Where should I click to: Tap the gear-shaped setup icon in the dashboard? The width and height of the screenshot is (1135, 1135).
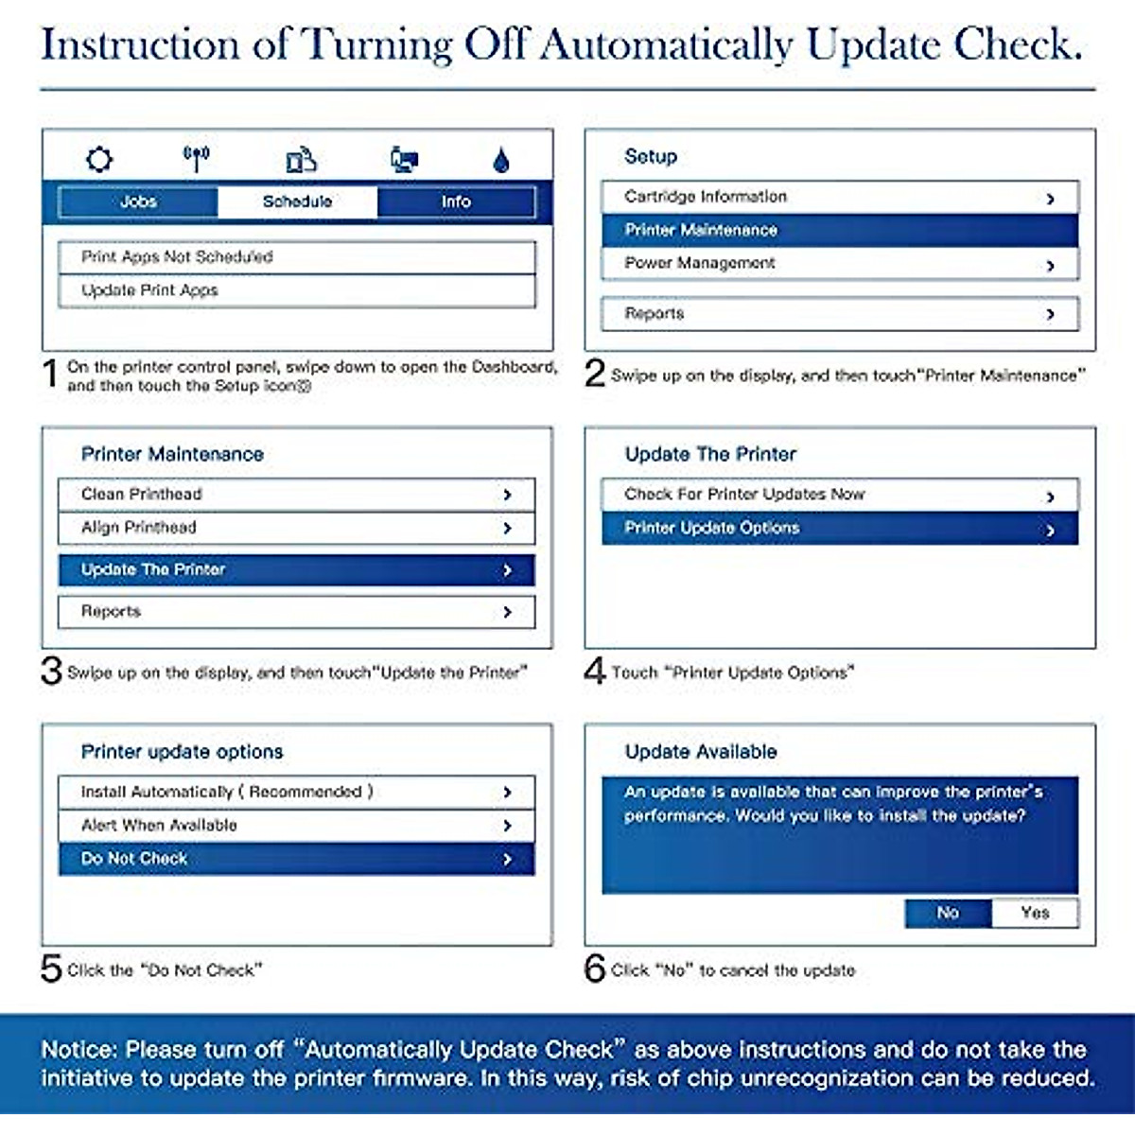coord(99,159)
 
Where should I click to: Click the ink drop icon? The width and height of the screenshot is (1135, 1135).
coord(501,160)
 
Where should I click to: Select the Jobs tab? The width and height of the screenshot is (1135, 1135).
coord(138,201)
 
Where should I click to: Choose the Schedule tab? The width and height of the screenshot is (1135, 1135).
coord(297,201)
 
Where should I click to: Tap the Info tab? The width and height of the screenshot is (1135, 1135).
coord(456,201)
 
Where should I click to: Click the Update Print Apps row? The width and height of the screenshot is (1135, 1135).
coord(296,290)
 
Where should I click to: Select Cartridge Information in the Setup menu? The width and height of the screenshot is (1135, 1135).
coord(839,197)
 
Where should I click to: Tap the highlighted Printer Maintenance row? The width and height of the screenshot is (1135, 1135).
coord(839,230)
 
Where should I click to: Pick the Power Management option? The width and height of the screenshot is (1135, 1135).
coord(839,263)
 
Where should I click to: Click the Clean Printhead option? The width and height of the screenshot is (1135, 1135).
coord(296,494)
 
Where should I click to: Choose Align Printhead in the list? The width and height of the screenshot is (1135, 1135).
coord(296,528)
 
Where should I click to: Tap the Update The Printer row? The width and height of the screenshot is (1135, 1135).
coord(296,569)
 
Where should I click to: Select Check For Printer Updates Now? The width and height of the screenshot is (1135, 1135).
coord(839,494)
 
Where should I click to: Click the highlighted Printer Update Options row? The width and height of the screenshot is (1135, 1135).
coord(839,528)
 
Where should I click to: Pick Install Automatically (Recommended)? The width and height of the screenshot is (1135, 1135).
coord(296,792)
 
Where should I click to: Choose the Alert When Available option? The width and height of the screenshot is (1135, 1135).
coord(296,825)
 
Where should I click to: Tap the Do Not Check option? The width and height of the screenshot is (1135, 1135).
coord(296,859)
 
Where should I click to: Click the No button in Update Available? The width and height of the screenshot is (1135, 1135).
coord(948,913)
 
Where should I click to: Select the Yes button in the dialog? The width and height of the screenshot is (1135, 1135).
coord(1035,913)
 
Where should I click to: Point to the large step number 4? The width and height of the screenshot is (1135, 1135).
coord(595,671)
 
